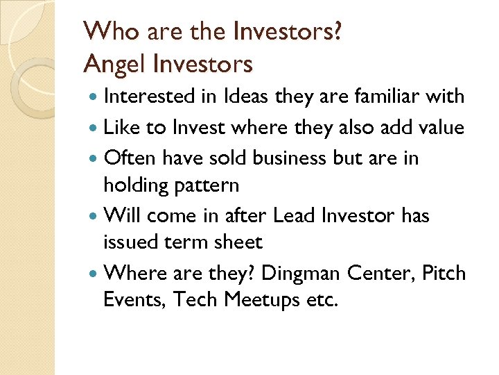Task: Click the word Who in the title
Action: pos(105,32)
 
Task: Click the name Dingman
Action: pos(303,273)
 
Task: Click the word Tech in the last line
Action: pos(193,300)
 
